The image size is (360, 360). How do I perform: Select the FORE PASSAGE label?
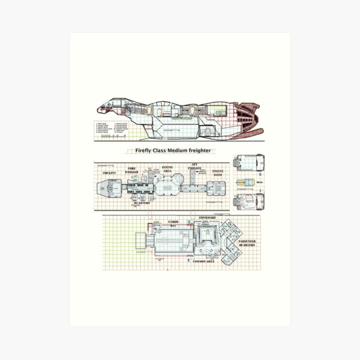coord(132,171)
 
